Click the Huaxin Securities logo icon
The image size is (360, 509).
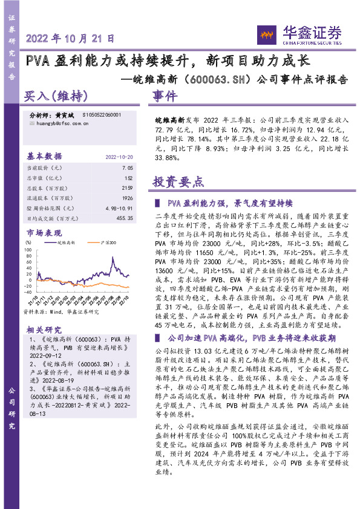coord(266,33)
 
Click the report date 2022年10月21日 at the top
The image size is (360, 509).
coord(70,37)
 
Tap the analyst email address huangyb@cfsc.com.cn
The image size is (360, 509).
coord(59,123)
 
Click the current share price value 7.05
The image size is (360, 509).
coord(127,167)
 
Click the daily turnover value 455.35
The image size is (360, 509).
coord(123,219)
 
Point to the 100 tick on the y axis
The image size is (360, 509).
coord(29,248)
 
